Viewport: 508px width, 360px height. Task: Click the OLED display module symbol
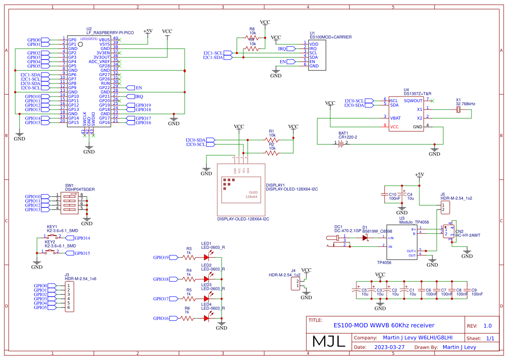[x=241, y=190]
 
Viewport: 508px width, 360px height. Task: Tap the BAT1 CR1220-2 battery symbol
[x=341, y=143]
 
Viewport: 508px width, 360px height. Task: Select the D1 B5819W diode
[x=365, y=237]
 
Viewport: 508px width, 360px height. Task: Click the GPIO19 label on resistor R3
[x=161, y=257]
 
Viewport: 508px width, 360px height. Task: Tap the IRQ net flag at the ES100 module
[x=282, y=49]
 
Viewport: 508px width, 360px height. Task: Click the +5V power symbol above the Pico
[x=148, y=32]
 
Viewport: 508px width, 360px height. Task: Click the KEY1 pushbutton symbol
[x=52, y=237]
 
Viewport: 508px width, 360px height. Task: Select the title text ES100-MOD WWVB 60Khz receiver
[x=384, y=325]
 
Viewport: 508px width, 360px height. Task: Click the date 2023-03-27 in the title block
[x=390, y=347]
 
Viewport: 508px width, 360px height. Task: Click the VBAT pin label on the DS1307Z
[x=395, y=117]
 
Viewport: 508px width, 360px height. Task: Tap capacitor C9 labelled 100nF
[x=468, y=292]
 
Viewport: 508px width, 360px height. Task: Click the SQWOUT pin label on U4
[x=413, y=100]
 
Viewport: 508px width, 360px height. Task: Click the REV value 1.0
[x=488, y=326]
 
